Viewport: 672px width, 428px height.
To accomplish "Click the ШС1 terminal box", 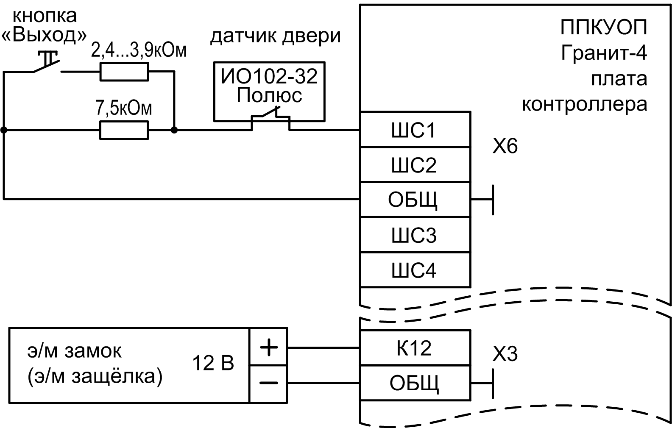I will tap(415, 130).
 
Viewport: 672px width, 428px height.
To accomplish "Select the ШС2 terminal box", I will tap(415, 165).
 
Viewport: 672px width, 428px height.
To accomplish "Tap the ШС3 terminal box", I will tap(415, 235).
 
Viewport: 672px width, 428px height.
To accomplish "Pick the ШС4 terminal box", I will tap(415, 270).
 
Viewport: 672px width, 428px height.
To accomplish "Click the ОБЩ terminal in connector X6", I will tap(415, 200).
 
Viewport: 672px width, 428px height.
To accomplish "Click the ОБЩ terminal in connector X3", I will tap(415, 383).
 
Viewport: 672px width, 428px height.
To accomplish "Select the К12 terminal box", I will tap(415, 348).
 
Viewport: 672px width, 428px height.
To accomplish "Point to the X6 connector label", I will tap(505, 147).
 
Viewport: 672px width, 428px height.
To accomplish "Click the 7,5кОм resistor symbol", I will tap(124, 130).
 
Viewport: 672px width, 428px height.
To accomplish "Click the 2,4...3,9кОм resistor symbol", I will tap(124, 72).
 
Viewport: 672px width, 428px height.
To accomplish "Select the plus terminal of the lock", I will tap(269, 347).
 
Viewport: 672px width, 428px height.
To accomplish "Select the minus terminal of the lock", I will tap(269, 383).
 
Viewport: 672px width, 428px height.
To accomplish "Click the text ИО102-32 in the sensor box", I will tap(269, 77).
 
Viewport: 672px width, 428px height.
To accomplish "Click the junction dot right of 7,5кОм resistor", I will tap(174, 130).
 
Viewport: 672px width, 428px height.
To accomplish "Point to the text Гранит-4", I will tap(604, 54).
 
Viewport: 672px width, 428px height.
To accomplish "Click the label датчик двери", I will tap(276, 36).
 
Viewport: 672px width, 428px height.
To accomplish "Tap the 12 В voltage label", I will tap(213, 364).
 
